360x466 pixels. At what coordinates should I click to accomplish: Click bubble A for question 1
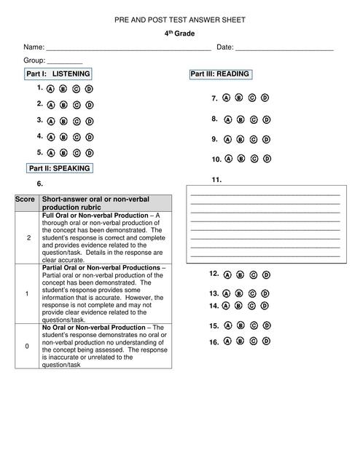(x=51, y=89)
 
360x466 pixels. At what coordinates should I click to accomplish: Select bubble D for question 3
(x=90, y=122)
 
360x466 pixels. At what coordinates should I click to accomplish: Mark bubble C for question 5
(x=77, y=154)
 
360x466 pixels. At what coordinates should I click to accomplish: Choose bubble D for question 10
(x=265, y=158)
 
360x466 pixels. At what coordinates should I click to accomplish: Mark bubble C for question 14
(x=252, y=306)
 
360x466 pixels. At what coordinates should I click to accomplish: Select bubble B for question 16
(x=239, y=341)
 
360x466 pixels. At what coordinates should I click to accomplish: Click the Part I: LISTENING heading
(x=58, y=74)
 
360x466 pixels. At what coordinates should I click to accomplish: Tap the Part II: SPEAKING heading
(x=59, y=168)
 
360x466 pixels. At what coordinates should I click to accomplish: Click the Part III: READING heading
(x=220, y=74)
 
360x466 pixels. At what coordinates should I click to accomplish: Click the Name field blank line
(x=128, y=48)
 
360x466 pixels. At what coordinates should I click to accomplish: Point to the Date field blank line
(x=284, y=48)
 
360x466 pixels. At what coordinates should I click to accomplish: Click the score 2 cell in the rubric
(x=28, y=239)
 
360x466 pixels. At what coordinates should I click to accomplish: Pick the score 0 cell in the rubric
(x=28, y=346)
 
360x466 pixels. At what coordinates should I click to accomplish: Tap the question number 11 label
(x=216, y=180)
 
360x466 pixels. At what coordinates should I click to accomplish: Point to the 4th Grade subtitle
(x=179, y=33)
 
